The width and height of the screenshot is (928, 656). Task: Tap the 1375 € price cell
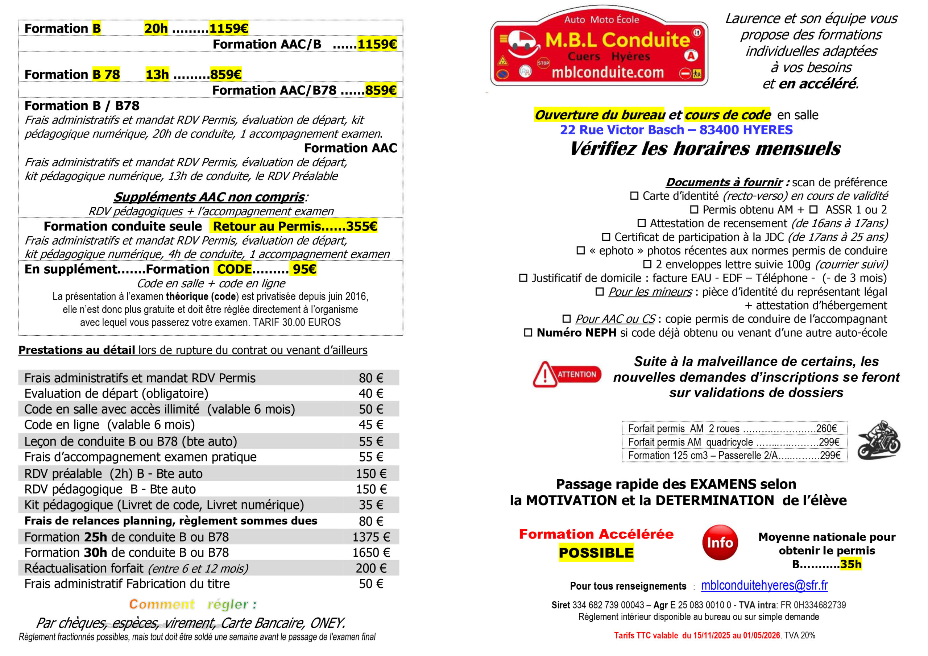click(x=371, y=537)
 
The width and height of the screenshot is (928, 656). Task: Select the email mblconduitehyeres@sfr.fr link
click(x=764, y=585)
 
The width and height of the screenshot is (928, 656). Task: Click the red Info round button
click(x=720, y=543)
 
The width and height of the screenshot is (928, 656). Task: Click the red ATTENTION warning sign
click(x=567, y=374)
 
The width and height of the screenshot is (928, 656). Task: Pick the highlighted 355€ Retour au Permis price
click(x=361, y=227)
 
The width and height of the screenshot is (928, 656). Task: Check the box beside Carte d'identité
click(x=634, y=196)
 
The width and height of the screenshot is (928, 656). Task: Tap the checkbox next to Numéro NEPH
click(x=528, y=333)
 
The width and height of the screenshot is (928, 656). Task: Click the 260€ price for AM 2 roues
click(x=826, y=428)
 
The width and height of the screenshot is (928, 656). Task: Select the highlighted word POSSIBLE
click(x=596, y=553)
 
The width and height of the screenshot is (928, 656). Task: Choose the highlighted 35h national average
click(x=851, y=564)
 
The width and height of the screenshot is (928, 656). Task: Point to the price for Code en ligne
click(x=371, y=425)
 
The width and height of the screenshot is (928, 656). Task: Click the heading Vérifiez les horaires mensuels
click(x=705, y=149)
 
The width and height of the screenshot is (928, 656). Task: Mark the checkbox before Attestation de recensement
click(x=641, y=223)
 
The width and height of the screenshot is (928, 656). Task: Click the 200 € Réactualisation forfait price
click(x=371, y=568)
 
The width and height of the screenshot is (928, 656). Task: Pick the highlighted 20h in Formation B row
click(x=156, y=29)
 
